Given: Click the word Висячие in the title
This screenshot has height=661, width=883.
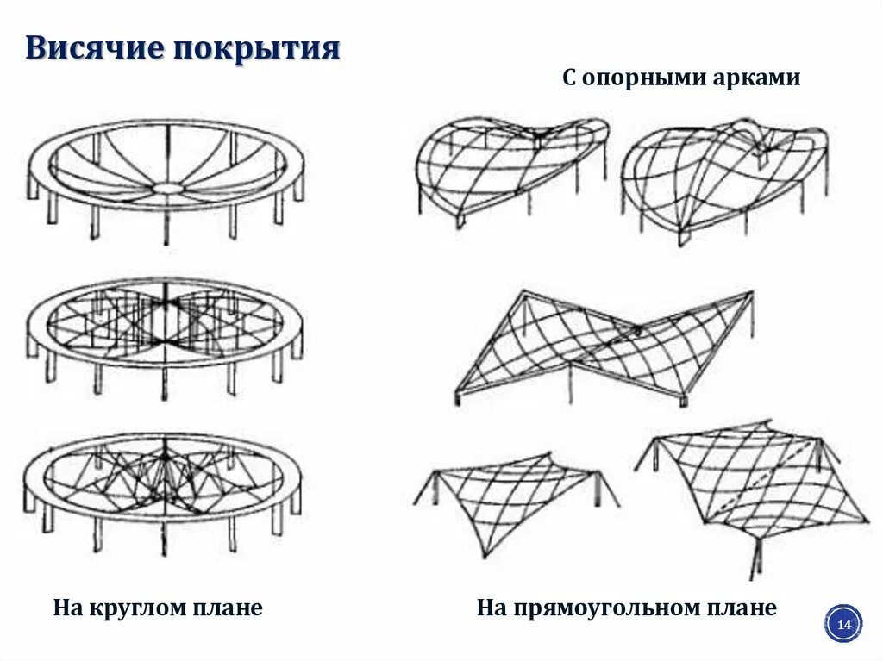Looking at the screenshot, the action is point(94,48).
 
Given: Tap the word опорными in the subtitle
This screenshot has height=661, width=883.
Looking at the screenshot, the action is point(632,78).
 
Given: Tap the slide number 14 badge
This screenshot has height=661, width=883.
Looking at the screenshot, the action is point(843,623).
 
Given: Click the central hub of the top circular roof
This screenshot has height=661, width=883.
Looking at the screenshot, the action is point(166,187).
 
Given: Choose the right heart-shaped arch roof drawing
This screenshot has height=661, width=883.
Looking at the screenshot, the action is point(723,177).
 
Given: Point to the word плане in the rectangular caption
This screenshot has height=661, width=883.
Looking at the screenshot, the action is point(743,608).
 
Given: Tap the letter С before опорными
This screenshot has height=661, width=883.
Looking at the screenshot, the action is point(569,78).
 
